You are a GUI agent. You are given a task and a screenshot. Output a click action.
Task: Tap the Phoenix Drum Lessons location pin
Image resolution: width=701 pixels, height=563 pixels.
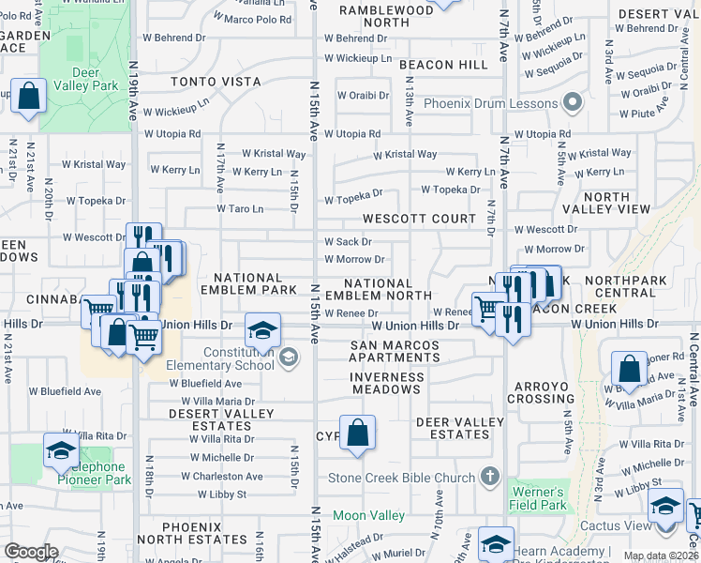574,103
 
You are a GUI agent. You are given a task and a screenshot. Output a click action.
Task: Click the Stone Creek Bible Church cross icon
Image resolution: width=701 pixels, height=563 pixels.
487,477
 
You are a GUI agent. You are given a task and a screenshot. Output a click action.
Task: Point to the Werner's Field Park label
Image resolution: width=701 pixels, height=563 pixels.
539,498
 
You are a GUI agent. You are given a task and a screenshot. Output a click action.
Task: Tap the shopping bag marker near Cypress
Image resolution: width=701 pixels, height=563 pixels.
357,433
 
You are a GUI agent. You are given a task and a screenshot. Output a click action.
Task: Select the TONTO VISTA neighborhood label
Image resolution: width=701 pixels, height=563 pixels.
216,82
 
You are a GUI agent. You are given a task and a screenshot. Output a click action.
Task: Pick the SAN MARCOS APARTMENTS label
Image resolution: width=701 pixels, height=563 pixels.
395,352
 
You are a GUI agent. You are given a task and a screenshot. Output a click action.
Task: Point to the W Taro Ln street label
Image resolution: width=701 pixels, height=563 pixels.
240,208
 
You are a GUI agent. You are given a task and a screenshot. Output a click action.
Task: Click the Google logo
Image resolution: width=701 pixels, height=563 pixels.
31,551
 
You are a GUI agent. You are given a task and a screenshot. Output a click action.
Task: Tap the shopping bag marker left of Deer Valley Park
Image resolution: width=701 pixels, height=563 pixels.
29,96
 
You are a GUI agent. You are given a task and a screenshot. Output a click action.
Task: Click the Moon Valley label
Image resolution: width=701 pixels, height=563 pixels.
362,515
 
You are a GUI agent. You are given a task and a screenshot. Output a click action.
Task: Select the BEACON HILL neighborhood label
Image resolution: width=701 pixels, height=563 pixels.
443,65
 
